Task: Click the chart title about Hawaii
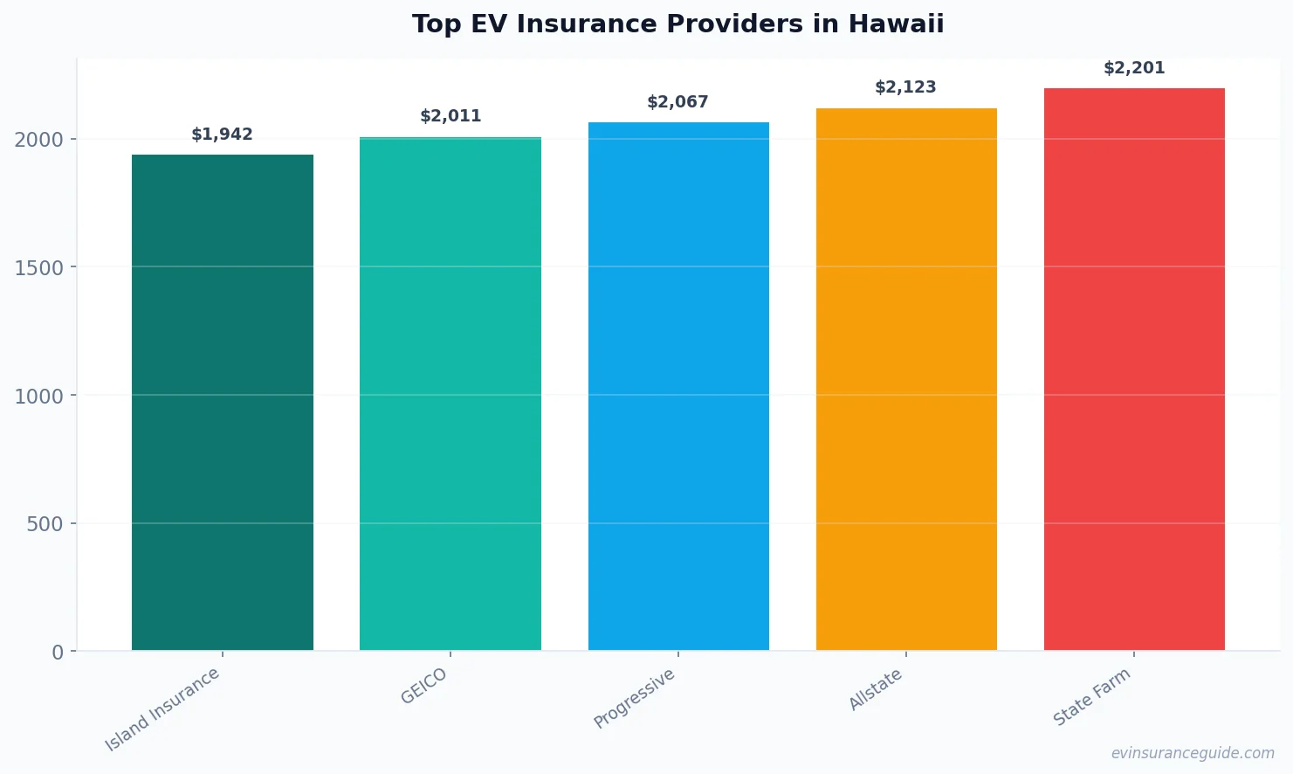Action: (677, 24)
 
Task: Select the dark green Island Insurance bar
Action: (223, 402)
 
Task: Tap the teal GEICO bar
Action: (450, 393)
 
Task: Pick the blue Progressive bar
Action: (678, 386)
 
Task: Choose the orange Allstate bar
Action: (906, 379)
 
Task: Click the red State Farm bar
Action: (1134, 369)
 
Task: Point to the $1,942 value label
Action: (223, 135)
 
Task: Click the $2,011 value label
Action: (450, 116)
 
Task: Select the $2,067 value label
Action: (678, 102)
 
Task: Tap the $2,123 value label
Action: (906, 87)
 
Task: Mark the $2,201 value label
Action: (1134, 68)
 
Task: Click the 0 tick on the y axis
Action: (58, 652)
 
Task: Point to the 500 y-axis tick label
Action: (45, 524)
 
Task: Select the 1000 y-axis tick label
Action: (39, 396)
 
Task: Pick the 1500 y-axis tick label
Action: (39, 267)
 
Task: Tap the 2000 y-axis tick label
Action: (39, 140)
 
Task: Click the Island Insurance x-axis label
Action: (163, 709)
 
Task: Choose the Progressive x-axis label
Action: (635, 698)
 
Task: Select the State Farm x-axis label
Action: (1092, 696)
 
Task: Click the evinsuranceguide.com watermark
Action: (1193, 753)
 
